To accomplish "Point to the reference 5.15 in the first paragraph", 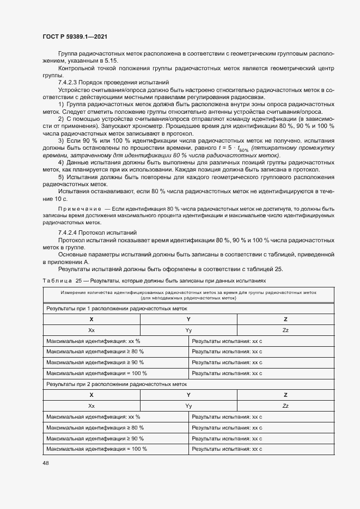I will [x=110, y=62].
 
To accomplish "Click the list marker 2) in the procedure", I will [x=61, y=118].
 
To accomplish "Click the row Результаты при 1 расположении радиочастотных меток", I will [x=117, y=308].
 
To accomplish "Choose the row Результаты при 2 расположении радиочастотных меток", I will [x=117, y=384].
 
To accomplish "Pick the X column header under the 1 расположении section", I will [x=91, y=319].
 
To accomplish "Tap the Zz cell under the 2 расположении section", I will [x=285, y=406].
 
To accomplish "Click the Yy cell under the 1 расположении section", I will [x=188, y=330].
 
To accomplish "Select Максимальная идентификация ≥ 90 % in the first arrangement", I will [x=95, y=362].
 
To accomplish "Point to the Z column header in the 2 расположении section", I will [x=285, y=395].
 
